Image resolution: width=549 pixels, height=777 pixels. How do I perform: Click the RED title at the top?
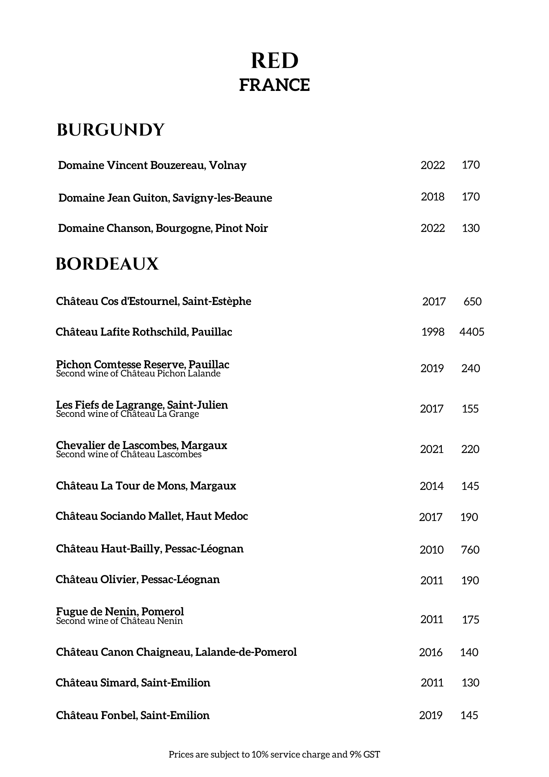coord(274,61)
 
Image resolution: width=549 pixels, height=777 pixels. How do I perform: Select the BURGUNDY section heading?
coord(111,130)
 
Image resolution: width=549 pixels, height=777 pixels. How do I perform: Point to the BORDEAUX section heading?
coord(107,264)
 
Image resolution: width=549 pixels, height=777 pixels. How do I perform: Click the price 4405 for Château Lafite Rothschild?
coord(472,332)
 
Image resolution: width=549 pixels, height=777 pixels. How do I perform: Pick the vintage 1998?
coord(433,332)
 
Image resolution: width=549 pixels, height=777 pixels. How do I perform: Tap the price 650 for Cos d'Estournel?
coord(473,301)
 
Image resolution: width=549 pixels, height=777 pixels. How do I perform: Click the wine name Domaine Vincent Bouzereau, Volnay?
coord(152,166)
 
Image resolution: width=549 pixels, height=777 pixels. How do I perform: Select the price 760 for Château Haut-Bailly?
coord(470,550)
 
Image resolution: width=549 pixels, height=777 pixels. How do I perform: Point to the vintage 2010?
coord(431,550)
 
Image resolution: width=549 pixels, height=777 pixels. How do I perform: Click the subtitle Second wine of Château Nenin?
coord(119,621)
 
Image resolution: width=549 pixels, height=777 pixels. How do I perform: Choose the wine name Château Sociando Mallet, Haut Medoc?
coord(152,516)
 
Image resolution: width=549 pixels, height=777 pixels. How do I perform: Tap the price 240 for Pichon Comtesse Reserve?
coord(471,368)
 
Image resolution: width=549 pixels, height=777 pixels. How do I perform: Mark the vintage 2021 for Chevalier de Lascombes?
coord(432,449)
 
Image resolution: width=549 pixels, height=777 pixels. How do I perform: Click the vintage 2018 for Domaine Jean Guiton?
coord(433,197)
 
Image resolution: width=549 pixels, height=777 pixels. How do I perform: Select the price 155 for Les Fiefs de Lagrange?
coord(470,409)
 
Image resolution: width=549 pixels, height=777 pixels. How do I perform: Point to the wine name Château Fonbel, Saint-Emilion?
coord(133,715)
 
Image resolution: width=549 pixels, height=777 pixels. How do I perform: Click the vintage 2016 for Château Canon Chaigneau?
coord(431,652)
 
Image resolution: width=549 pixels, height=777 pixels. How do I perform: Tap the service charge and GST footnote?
coord(274,754)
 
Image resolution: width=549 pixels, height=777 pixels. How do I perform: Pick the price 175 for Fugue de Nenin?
coord(471,620)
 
